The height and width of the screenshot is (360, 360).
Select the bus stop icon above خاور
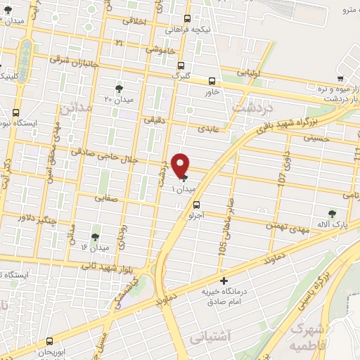(212, 80)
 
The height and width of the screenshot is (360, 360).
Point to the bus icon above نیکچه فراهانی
(186, 20)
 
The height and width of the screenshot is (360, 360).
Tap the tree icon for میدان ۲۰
(118, 89)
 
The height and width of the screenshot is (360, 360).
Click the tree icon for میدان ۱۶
(96, 237)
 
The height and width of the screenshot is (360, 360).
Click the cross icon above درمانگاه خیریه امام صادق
(224, 281)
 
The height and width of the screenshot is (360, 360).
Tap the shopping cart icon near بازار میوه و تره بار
(340, 79)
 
